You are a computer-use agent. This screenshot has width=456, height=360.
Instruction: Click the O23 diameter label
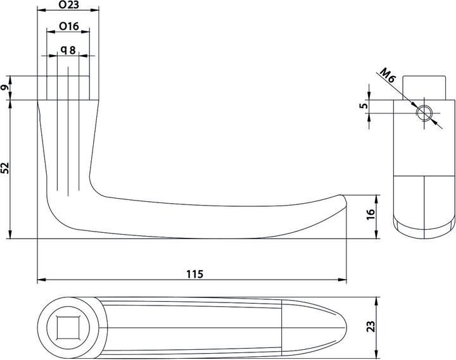coord(68,6)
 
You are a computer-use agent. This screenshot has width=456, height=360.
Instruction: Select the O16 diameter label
coord(68,26)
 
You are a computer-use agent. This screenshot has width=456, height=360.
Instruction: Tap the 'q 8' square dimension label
coord(68,49)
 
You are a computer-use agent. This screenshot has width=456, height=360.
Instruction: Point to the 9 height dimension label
coord(6,89)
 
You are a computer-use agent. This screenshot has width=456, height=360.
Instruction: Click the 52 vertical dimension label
coord(6,168)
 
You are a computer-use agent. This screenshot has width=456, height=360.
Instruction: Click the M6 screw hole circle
coord(424,113)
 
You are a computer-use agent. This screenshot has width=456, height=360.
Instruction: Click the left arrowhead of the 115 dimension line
coord(40,280)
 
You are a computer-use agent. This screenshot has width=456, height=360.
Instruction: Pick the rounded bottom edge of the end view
coord(424,233)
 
